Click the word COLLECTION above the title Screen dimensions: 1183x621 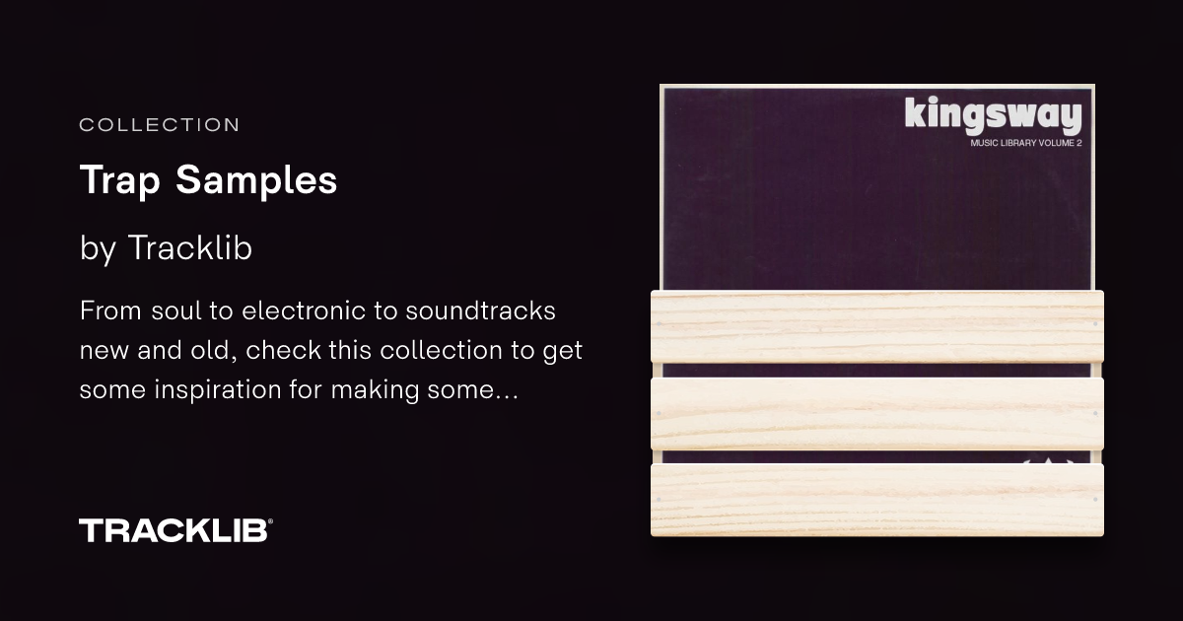tap(160, 125)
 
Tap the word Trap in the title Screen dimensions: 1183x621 tap(120, 180)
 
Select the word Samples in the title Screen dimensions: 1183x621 tap(256, 179)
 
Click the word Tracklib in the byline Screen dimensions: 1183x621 tap(190, 247)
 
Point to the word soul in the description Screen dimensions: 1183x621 tap(176, 310)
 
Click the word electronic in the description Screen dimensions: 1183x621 tap(304, 310)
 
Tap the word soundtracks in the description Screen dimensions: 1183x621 tap(481, 310)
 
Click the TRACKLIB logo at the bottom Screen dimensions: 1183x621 tap(174, 530)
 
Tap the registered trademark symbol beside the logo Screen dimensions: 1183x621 tap(270, 521)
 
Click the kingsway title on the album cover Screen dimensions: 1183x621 tap(993, 114)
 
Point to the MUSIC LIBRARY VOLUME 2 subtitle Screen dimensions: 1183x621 tap(1026, 143)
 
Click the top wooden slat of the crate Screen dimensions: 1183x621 tap(877, 326)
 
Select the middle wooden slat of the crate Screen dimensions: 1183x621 tap(877, 413)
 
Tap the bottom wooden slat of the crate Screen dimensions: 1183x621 tap(877, 500)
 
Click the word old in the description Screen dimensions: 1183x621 tap(214, 350)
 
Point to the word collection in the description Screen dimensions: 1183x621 tap(441, 350)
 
